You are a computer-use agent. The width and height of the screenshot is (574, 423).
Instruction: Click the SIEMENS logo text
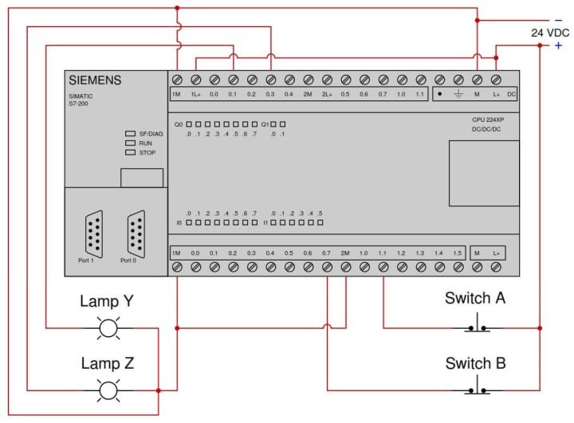pyautogui.click(x=95, y=80)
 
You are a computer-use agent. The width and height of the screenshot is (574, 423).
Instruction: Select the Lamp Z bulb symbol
pyautogui.click(x=107, y=390)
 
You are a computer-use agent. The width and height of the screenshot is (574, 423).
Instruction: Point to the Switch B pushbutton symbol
pyautogui.click(x=478, y=389)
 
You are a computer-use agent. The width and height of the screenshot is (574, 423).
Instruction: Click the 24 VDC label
pyautogui.click(x=551, y=33)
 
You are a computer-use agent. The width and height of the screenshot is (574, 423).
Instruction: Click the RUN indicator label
pyautogui.click(x=146, y=143)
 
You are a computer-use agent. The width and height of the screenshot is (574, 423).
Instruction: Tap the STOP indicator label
pyautogui.click(x=147, y=152)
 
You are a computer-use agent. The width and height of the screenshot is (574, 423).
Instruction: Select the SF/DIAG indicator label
pyautogui.click(x=151, y=134)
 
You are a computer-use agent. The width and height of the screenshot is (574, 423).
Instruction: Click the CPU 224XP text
pyautogui.click(x=487, y=120)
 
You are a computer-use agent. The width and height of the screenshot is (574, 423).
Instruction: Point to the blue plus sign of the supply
pyautogui.click(x=558, y=45)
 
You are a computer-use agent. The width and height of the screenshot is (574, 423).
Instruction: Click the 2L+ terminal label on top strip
pyautogui.click(x=327, y=95)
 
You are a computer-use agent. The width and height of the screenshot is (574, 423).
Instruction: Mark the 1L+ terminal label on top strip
pyautogui.click(x=195, y=95)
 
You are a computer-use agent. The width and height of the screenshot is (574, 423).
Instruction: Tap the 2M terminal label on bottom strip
pyautogui.click(x=345, y=253)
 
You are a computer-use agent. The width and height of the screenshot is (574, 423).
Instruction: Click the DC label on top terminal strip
pyautogui.click(x=511, y=95)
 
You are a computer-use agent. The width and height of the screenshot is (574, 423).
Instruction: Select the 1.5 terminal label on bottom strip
pyautogui.click(x=458, y=253)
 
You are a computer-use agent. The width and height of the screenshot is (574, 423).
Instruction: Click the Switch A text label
pyautogui.click(x=475, y=298)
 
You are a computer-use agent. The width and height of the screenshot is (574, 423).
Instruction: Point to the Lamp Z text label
pyautogui.click(x=107, y=364)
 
